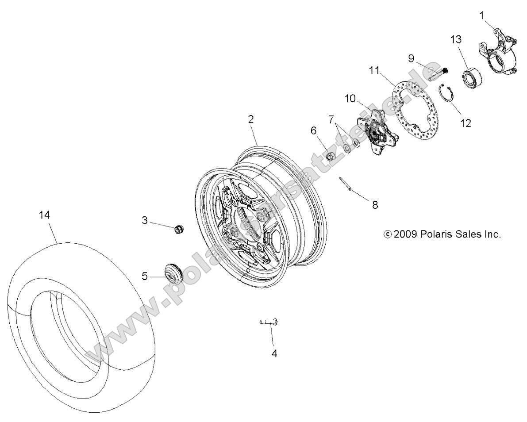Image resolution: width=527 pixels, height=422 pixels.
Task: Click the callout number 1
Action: coord(482,15)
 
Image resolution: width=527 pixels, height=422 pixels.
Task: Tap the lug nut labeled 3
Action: coord(177,229)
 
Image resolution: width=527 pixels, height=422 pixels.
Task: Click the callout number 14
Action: coord(44,215)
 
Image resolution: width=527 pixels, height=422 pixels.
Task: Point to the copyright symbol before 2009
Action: coord(388,234)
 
